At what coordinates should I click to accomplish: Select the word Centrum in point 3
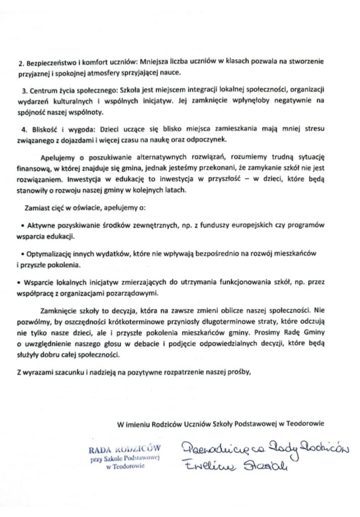coord(42,90)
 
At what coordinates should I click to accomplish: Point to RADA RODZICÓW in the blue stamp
coord(124,447)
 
